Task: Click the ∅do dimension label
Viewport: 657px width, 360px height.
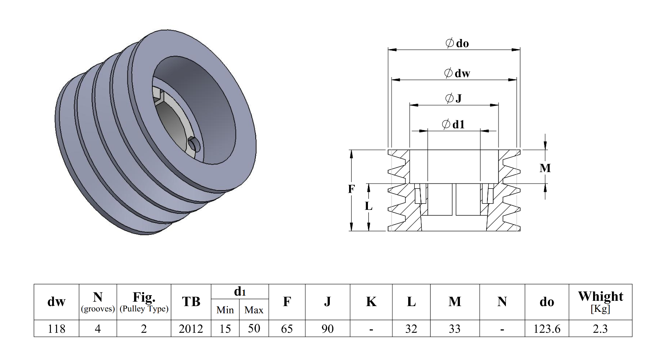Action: pyautogui.click(x=457, y=43)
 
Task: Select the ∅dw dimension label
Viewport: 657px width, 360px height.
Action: pyautogui.click(x=457, y=73)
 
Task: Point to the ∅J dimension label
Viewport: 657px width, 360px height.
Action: pyautogui.click(x=454, y=98)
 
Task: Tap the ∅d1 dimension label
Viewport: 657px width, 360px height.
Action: pyautogui.click(x=453, y=124)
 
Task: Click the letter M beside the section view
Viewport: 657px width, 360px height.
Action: pyautogui.click(x=545, y=168)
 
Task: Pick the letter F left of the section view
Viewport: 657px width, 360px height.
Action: pyautogui.click(x=351, y=189)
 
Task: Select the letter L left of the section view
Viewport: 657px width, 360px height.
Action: pyautogui.click(x=368, y=206)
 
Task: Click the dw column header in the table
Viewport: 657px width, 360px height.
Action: pyautogui.click(x=56, y=302)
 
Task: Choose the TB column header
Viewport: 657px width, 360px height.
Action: pyautogui.click(x=191, y=302)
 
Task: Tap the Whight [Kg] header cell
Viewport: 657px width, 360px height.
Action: pyautogui.click(x=600, y=301)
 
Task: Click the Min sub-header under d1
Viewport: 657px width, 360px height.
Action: pyautogui.click(x=225, y=310)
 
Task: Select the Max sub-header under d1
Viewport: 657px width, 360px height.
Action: pyautogui.click(x=254, y=310)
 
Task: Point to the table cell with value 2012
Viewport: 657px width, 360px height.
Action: pyautogui.click(x=191, y=329)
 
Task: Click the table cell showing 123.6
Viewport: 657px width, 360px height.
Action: pyautogui.click(x=547, y=329)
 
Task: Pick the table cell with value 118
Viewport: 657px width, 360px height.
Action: pyautogui.click(x=56, y=329)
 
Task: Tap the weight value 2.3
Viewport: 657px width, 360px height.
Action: pyautogui.click(x=600, y=329)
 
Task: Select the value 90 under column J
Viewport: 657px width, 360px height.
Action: pyautogui.click(x=327, y=329)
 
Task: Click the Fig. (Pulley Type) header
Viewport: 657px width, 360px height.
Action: pyautogui.click(x=144, y=302)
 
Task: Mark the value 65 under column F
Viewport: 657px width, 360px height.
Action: pyautogui.click(x=287, y=329)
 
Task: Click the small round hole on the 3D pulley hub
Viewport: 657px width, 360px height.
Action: pyautogui.click(x=194, y=144)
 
